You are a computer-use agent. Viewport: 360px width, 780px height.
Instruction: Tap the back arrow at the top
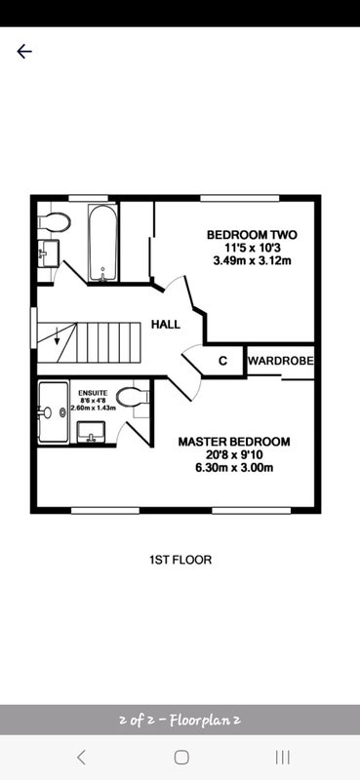pyautogui.click(x=23, y=52)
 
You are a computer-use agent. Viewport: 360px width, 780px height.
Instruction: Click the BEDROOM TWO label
pyautogui.click(x=252, y=234)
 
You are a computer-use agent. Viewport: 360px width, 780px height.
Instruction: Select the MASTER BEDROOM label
pyautogui.click(x=234, y=442)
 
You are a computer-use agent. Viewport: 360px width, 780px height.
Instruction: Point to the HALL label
pyautogui.click(x=166, y=325)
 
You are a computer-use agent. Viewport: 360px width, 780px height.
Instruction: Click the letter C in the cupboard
pyautogui.click(x=223, y=361)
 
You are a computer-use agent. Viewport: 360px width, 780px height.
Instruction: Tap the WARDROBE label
pyautogui.click(x=281, y=361)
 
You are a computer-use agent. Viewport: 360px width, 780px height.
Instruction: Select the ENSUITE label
pyautogui.click(x=93, y=393)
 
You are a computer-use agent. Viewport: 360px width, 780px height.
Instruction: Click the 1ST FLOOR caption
pyautogui.click(x=180, y=560)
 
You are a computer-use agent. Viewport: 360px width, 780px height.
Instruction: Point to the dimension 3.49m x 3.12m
pyautogui.click(x=252, y=260)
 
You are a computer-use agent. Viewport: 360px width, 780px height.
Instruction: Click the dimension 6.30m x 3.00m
pyautogui.click(x=234, y=468)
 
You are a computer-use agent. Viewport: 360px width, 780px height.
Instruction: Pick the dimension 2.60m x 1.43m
pyautogui.click(x=93, y=408)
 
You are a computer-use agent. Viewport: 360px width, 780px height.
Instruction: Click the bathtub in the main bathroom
pyautogui.click(x=103, y=243)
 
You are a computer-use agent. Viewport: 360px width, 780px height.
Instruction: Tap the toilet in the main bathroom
pyautogui.click(x=55, y=222)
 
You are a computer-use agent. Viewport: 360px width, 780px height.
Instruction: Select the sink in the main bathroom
pyautogui.click(x=49, y=253)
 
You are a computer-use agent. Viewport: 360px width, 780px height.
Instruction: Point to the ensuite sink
pyautogui.click(x=91, y=432)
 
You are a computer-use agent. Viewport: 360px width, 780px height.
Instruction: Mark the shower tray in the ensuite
pyautogui.click(x=54, y=411)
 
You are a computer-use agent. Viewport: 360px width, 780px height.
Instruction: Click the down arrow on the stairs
pyautogui.click(x=57, y=337)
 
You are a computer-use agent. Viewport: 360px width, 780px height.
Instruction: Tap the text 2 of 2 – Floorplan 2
pyautogui.click(x=180, y=720)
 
